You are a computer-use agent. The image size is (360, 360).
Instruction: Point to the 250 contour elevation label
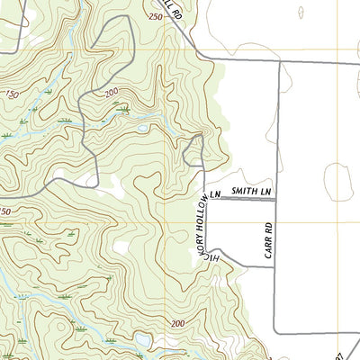click(x=154, y=17)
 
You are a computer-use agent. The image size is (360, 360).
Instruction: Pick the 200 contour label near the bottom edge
click(x=177, y=323)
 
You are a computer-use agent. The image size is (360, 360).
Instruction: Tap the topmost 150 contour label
click(x=12, y=94)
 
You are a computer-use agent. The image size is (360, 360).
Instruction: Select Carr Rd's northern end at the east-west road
click(x=277, y=62)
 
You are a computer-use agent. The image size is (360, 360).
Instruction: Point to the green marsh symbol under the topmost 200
click(x=122, y=109)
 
